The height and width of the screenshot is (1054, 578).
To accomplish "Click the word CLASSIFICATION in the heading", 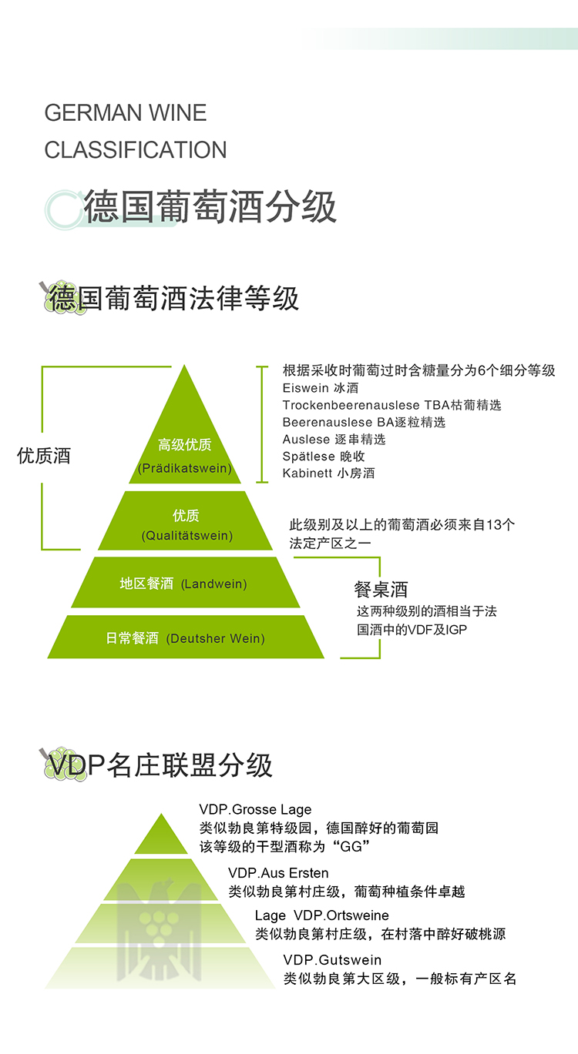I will click(136, 149).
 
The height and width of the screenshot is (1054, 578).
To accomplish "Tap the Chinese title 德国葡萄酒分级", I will click(210, 206).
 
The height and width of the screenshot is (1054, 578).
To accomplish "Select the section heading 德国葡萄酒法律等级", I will click(173, 297).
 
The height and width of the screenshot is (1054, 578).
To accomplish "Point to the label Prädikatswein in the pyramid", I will click(185, 468).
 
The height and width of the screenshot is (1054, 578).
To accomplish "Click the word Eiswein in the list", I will click(304, 388).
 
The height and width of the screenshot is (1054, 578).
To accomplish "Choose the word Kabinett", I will click(306, 473).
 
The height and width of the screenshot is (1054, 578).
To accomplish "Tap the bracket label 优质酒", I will click(44, 456).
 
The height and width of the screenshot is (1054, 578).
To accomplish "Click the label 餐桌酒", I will click(381, 590).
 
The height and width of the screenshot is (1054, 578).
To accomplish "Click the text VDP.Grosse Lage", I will click(255, 810).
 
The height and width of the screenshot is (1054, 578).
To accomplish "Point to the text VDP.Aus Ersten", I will click(278, 873).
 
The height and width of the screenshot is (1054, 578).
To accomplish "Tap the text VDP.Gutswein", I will click(332, 960).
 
